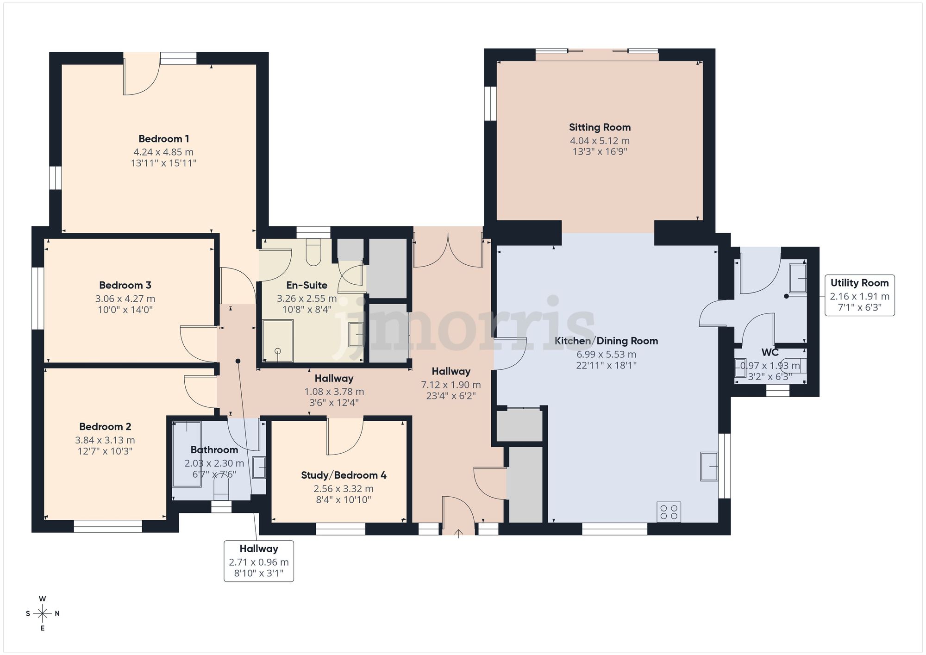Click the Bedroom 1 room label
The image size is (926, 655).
tap(163, 138)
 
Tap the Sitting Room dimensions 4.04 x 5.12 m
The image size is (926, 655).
tap(600, 141)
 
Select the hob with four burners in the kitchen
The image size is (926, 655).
tap(669, 512)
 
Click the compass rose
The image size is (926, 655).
tap(43, 614)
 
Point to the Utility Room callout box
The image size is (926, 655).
tap(859, 295)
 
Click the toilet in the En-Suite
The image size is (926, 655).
tap(313, 252)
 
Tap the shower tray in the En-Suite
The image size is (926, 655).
tap(278, 341)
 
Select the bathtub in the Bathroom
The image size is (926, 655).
tap(187, 454)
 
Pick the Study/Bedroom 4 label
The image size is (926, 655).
tap(344, 475)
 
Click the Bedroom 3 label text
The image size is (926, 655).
tap(125, 285)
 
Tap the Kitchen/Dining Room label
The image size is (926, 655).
tap(606, 341)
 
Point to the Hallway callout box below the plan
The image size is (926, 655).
tap(258, 561)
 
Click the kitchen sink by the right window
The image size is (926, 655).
tap(709, 467)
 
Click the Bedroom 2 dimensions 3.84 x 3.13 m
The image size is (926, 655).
tap(105, 440)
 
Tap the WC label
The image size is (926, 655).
tap(770, 353)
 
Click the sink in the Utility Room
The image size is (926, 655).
tap(798, 278)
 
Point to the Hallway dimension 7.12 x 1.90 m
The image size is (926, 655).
tap(450, 385)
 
